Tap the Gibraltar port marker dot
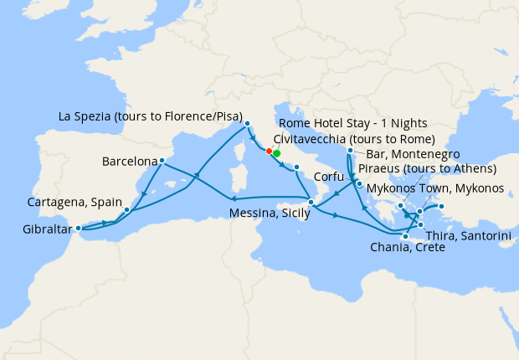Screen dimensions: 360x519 tap(79, 228)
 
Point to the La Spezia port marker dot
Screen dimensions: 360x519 tap(248, 125)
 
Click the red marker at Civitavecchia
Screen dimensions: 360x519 tap(269, 152)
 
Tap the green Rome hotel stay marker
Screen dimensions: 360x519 tap(276, 153)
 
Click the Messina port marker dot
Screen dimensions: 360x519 tap(310, 202)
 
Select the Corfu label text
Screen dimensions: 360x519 tap(330, 177)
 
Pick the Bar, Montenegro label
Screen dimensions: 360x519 tap(406, 155)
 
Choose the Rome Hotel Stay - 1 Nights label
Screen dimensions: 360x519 tap(347, 124)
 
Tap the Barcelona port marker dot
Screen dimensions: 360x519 tap(162, 161)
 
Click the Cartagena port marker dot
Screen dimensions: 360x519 tap(126, 209)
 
